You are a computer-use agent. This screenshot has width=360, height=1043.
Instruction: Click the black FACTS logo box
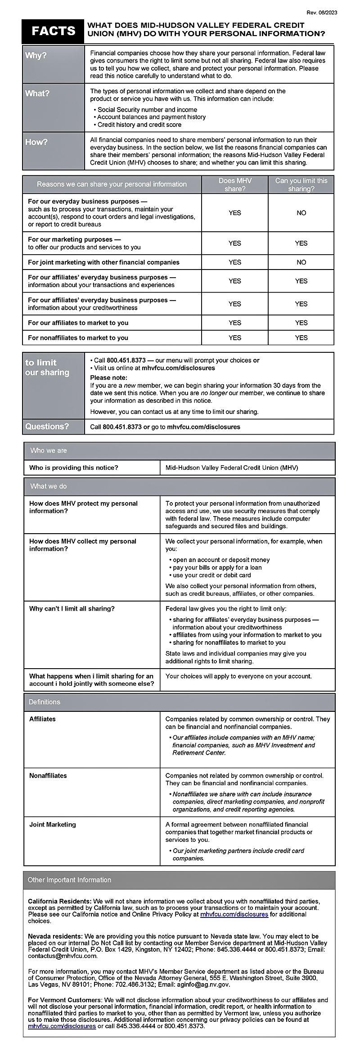pos(53,31)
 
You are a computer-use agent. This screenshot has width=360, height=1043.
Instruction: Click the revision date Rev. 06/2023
pos(321,13)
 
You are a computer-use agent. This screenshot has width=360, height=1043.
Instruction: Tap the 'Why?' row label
pos(36,56)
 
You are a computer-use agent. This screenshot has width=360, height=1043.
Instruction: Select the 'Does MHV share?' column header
pos(235,184)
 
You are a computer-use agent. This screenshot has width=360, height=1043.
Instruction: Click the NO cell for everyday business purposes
pos(301,213)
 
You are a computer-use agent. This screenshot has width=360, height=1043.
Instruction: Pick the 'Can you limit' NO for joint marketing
pos(301,262)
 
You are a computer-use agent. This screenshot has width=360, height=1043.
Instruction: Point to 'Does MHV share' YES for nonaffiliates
pos(235,338)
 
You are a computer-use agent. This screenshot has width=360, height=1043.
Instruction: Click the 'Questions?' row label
pos(47,427)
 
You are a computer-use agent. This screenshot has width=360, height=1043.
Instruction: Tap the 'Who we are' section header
pos(49,450)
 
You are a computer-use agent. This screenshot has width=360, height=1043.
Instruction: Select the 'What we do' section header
pos(49,486)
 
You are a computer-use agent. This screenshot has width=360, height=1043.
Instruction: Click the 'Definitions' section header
pos(45,702)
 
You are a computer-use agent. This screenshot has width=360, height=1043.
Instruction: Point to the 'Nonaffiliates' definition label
pos(48,776)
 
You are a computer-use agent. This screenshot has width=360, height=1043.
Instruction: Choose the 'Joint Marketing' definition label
pos(53,825)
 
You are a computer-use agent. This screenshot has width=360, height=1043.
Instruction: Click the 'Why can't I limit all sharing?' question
pos(72,609)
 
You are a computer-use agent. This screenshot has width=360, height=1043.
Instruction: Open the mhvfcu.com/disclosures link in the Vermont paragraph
pos(62,1026)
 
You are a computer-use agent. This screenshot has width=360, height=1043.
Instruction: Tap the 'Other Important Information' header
pos(69,880)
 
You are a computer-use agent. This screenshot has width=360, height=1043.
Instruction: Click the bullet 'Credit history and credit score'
pos(139,125)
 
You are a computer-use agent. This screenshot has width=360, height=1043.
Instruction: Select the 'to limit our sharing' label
pos(47,368)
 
